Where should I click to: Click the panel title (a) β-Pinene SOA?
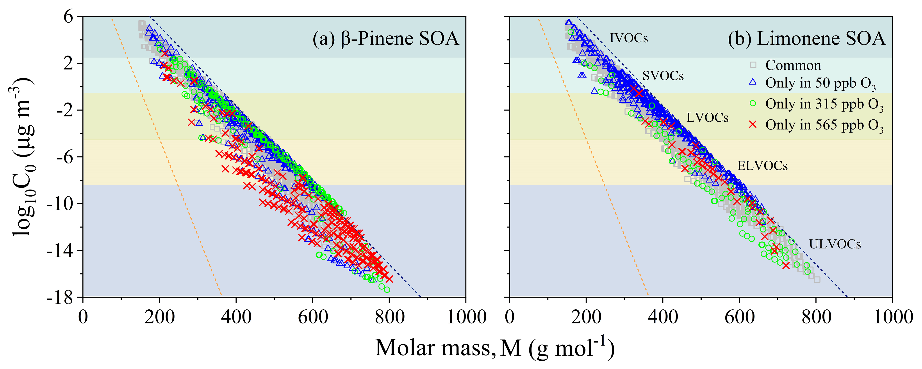[385, 39]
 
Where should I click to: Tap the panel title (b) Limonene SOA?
[806, 39]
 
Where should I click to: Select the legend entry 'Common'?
[793, 66]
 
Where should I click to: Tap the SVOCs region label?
[663, 76]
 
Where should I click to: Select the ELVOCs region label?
[762, 166]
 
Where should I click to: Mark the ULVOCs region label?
[835, 244]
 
